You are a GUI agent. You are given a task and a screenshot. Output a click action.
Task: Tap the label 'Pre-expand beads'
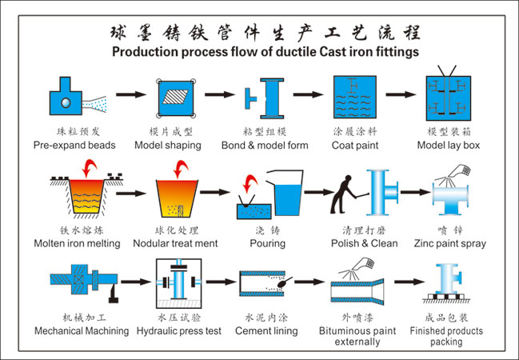click(74, 146)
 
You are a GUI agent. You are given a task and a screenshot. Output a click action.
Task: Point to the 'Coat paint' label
click(355, 146)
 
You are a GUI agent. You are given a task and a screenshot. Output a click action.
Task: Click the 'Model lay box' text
click(449, 146)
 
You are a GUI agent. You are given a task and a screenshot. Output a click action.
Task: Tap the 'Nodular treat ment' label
click(175, 243)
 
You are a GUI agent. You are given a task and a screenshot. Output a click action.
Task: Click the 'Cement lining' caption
click(265, 330)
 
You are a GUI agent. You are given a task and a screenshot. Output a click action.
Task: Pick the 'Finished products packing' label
click(446, 336)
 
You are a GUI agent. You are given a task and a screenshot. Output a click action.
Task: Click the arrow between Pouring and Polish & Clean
click(317, 193)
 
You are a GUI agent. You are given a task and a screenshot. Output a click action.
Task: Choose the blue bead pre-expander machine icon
click(63, 97)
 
